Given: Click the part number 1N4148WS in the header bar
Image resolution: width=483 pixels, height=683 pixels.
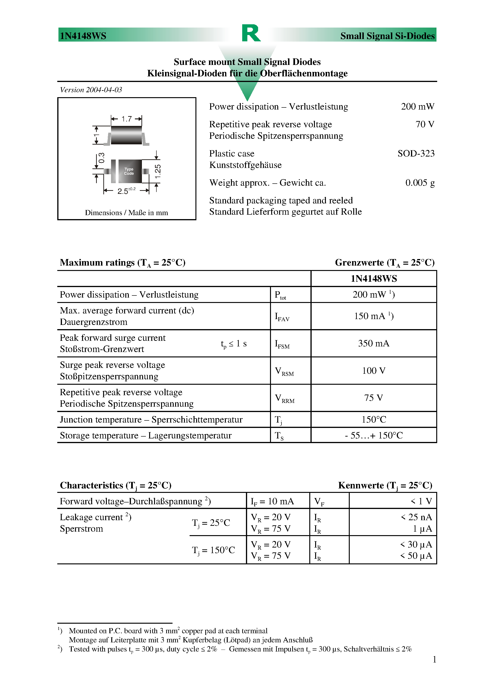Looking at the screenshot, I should (x=83, y=36).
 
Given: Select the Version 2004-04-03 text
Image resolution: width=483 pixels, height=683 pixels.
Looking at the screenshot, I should (x=91, y=90).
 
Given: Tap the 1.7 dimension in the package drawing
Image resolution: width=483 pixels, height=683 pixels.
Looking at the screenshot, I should (x=126, y=119).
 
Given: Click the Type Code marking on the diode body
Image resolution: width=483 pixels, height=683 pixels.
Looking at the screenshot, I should (x=129, y=171).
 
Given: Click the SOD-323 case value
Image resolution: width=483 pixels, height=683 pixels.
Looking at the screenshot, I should (x=416, y=153).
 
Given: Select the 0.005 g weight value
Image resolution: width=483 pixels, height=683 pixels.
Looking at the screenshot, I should (x=420, y=183).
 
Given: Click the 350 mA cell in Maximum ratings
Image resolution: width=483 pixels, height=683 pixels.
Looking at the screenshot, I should (x=373, y=343).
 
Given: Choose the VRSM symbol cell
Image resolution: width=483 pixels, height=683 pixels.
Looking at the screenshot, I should (x=284, y=371).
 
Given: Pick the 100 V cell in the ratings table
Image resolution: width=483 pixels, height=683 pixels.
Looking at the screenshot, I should (x=373, y=371).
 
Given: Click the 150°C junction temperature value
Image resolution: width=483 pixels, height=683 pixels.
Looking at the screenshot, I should (x=373, y=420).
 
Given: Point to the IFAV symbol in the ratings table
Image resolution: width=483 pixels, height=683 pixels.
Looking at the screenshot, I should (x=282, y=317).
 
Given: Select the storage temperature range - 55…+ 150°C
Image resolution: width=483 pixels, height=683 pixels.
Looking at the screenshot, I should (x=373, y=435).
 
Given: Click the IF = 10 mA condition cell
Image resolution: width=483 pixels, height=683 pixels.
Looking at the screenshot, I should (x=272, y=502).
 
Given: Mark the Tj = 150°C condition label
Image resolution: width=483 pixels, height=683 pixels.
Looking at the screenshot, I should (x=213, y=550).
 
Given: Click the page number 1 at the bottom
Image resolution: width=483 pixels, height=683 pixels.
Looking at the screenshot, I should (x=434, y=659).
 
